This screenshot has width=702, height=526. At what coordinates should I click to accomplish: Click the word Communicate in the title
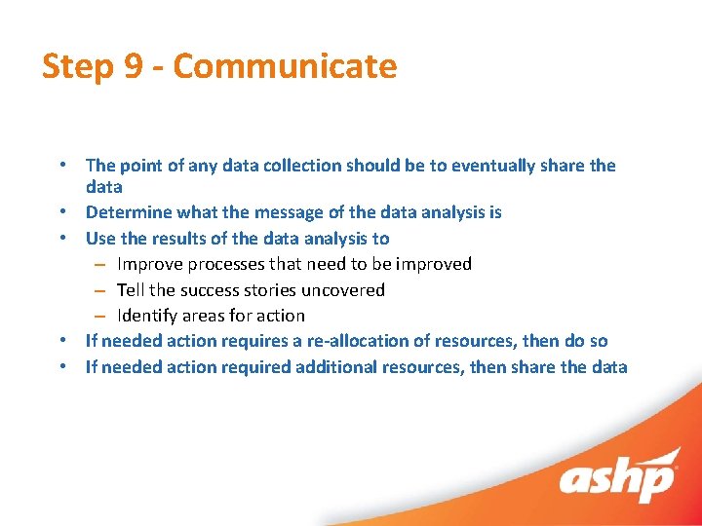[x=286, y=66]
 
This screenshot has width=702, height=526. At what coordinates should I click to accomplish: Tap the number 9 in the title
[x=134, y=66]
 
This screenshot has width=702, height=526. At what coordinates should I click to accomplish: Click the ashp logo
[x=617, y=480]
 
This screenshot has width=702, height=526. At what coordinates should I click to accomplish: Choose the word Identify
[x=148, y=316]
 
